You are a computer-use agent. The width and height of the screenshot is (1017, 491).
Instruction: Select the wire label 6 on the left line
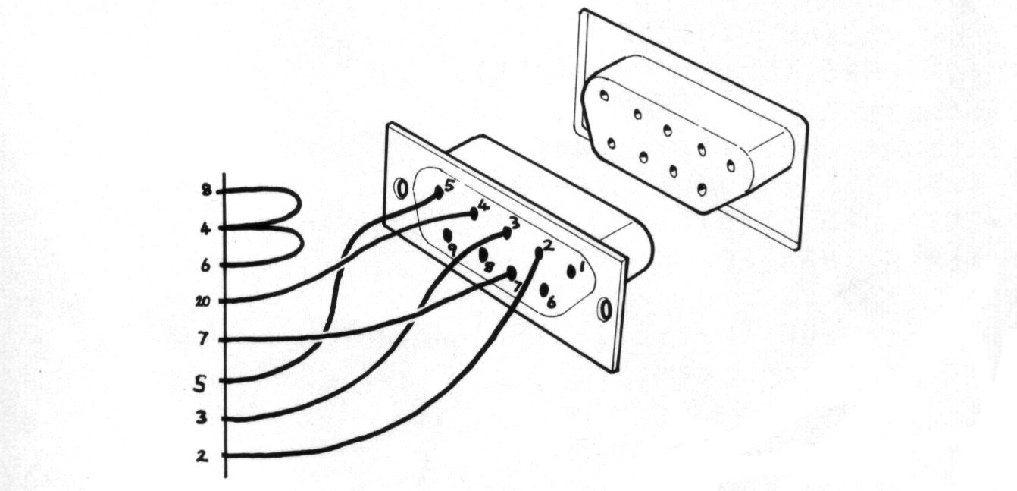point(205,265)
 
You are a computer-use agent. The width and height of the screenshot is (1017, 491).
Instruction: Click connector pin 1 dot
point(571,271)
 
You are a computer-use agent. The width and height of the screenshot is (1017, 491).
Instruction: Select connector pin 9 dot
point(448,235)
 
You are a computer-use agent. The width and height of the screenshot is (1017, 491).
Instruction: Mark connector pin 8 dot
point(483,254)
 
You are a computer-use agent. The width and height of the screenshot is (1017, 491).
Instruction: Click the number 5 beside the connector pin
point(449,184)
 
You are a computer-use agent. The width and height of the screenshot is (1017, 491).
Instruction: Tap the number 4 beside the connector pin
point(483,204)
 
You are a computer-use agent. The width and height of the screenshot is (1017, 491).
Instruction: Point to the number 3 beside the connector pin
point(515,223)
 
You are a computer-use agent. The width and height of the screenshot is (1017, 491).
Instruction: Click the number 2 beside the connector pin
point(549,244)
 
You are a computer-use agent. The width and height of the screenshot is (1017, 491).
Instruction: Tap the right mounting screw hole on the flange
point(603,310)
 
